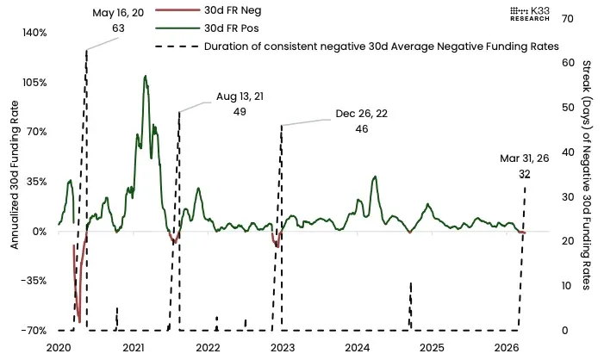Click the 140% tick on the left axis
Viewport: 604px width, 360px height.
coord(34,33)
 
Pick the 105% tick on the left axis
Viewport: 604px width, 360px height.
coord(34,83)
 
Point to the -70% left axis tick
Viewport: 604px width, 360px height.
coord(34,331)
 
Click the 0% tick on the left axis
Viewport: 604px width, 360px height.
coord(40,232)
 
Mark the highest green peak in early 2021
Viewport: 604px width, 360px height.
coord(145,76)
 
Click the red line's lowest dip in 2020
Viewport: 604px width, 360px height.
coord(79,321)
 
